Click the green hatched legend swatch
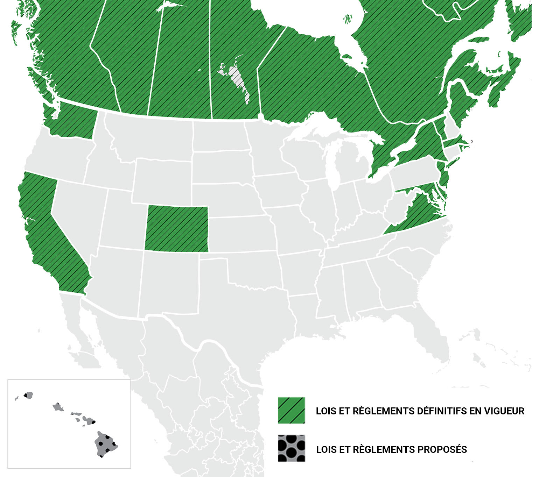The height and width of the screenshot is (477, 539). [291, 411]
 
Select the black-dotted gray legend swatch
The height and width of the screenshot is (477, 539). [291, 449]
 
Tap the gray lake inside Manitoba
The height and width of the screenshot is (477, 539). [238, 80]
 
